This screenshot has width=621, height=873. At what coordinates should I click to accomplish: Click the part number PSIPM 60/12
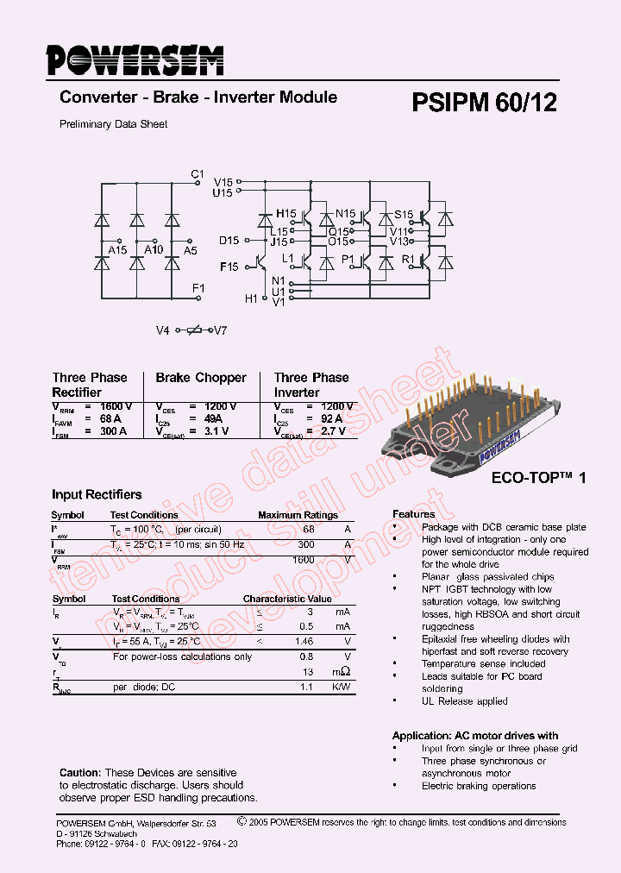[x=484, y=103]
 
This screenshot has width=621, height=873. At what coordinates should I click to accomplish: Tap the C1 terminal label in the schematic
[x=198, y=174]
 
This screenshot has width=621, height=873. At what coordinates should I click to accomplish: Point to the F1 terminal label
[x=198, y=288]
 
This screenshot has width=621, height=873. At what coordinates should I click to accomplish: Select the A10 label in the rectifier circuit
[x=154, y=250]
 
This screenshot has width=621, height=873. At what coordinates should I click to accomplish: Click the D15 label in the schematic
[x=229, y=241]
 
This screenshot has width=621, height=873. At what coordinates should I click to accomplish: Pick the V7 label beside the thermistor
[x=220, y=330]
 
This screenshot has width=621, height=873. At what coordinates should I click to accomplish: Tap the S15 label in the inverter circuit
[x=404, y=214]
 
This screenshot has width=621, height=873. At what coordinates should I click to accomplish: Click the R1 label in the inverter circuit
[x=408, y=259]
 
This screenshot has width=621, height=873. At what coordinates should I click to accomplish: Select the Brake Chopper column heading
[x=201, y=378]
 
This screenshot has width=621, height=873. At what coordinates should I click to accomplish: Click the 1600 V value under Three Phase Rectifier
[x=116, y=406]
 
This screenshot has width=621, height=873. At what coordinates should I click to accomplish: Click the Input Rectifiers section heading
[x=97, y=495]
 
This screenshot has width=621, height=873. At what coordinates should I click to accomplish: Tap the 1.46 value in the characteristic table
[x=304, y=642]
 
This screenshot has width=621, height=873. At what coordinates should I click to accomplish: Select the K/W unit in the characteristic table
[x=342, y=687]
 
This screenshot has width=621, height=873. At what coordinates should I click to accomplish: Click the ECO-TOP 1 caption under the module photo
[x=538, y=477]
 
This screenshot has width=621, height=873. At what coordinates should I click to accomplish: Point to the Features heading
[x=414, y=514]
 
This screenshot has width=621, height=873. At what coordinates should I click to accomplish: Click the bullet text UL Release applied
[x=465, y=701]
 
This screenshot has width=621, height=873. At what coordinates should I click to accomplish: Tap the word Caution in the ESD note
[x=79, y=773]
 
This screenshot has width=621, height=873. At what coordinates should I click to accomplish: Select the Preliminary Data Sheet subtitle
[x=113, y=124]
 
